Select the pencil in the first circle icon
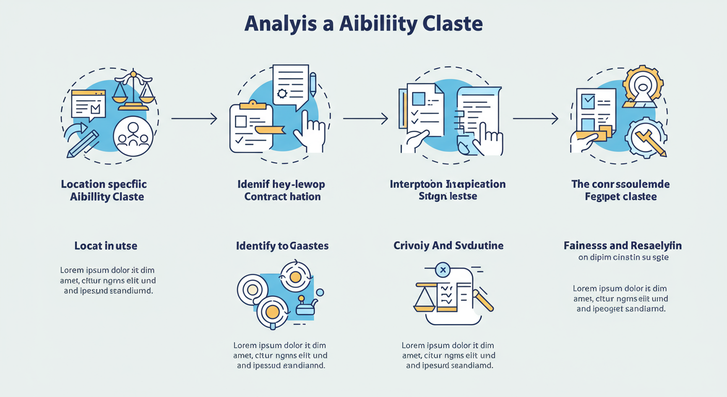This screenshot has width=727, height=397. (x=83, y=144)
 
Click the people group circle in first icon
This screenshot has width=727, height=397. (x=133, y=136)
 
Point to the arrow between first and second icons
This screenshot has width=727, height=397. (x=194, y=119)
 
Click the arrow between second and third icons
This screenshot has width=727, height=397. (x=365, y=119)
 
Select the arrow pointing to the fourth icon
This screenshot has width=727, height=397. (x=535, y=119)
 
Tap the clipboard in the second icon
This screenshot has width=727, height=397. (x=251, y=127)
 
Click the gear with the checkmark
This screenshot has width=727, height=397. (x=645, y=138)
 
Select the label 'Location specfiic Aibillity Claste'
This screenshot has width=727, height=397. (x=104, y=190)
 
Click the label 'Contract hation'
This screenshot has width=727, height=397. (x=282, y=197)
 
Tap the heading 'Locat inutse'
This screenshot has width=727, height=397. (x=106, y=246)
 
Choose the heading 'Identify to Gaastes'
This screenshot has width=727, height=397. (x=282, y=246)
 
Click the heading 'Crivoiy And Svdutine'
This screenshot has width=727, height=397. (x=448, y=246)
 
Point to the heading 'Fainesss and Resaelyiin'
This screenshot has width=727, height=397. (x=622, y=246)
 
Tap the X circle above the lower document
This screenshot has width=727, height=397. (x=442, y=269)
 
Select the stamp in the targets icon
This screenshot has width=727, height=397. (x=305, y=308)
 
